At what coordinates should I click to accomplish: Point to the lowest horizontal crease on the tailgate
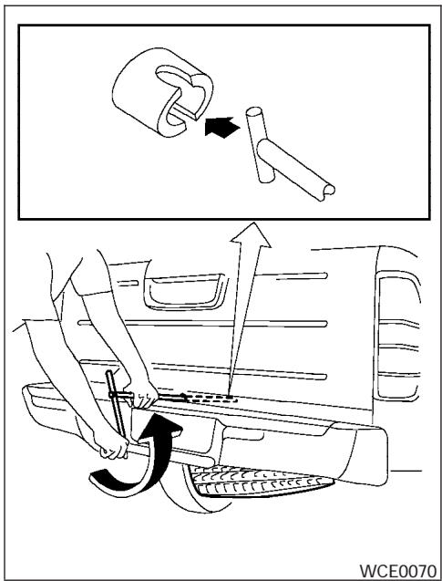[228, 376]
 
